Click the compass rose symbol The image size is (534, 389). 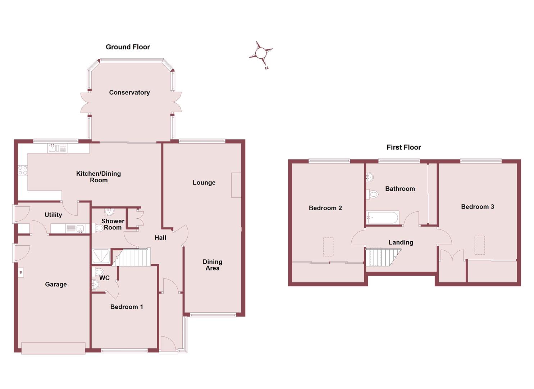click(261, 54)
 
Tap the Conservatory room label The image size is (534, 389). click(129, 93)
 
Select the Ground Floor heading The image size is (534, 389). click(128, 47)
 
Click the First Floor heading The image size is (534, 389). click(403, 147)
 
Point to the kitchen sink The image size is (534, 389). click(54, 148)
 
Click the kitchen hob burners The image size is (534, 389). click(23, 170)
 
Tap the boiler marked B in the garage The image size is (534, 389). click(21, 273)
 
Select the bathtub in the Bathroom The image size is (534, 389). click(382, 218)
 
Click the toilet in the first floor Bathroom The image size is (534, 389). click(373, 194)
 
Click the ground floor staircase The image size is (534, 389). click(133, 257)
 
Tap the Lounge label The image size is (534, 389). click(204, 183)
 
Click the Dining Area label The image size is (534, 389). click(212, 265)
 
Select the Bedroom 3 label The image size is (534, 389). click(477, 207)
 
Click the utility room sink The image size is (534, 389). click(80, 228)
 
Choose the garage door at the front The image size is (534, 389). click(53, 348)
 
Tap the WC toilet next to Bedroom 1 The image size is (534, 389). click(99, 272)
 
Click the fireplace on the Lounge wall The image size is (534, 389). click(236, 185)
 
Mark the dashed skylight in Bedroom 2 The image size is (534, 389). click(328, 247)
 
